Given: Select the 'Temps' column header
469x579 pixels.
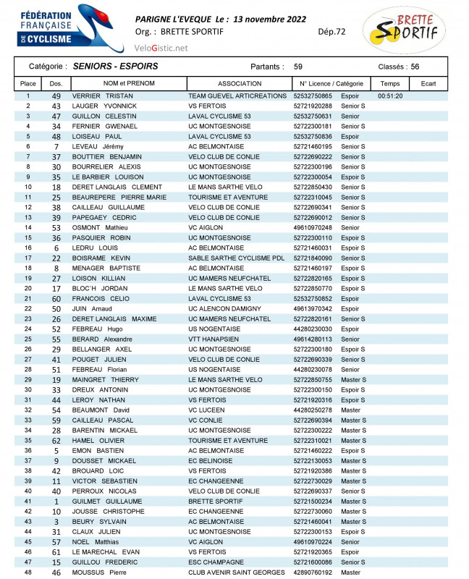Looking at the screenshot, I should click(x=390, y=84).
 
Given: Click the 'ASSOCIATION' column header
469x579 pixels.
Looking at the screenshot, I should click(x=239, y=84).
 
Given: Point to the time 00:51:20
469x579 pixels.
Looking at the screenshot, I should click(x=390, y=96).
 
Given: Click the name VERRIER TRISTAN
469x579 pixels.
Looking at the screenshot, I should click(x=103, y=96).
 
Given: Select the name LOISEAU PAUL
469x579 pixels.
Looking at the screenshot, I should click(x=97, y=136).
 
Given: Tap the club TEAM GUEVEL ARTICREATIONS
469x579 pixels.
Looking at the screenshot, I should click(x=237, y=96).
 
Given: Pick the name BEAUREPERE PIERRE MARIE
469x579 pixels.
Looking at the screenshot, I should click(x=119, y=197).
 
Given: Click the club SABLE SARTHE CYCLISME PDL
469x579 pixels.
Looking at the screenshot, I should click(x=236, y=258).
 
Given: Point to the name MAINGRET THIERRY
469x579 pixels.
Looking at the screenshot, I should click(x=105, y=379).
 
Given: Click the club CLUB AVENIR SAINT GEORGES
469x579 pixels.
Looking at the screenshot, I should click(x=237, y=572).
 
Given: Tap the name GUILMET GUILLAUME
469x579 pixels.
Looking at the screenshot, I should click(x=107, y=501).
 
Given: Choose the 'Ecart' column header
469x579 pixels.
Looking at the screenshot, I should click(x=428, y=84).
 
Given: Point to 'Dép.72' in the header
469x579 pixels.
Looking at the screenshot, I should click(x=331, y=31).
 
